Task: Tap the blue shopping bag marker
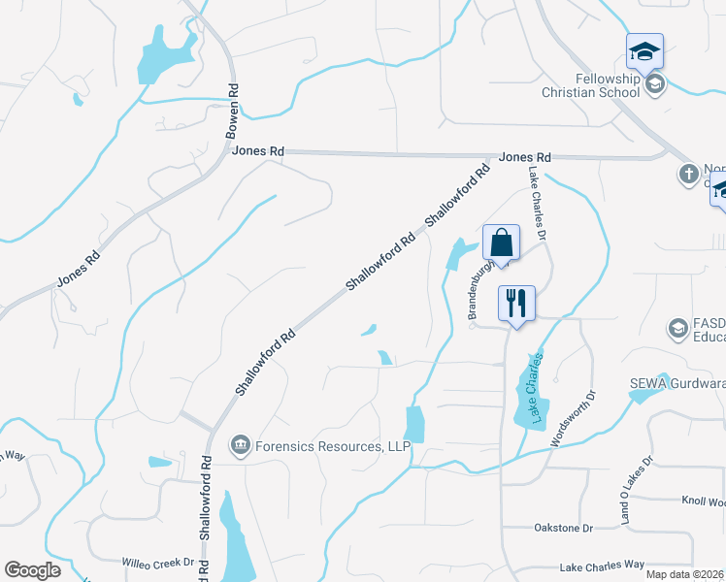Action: (x=501, y=242)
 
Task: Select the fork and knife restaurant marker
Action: (x=515, y=304)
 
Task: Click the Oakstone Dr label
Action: (x=563, y=528)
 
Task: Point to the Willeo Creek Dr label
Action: (x=158, y=563)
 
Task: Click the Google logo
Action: (x=32, y=570)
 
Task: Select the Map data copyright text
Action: (x=685, y=574)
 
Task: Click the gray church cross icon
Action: (x=688, y=175)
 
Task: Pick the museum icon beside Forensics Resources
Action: (x=239, y=445)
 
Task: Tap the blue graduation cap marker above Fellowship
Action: (x=644, y=50)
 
